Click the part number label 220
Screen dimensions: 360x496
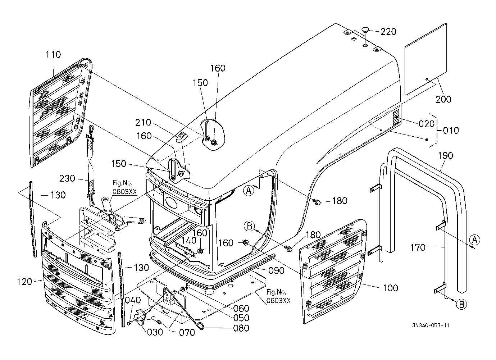click(x=388, y=32)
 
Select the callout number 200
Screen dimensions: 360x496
click(x=443, y=99)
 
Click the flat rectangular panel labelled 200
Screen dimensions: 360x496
click(x=426, y=59)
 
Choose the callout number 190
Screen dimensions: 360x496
click(x=446, y=156)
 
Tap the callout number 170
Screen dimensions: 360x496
click(x=418, y=247)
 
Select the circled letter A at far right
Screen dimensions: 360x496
click(x=475, y=240)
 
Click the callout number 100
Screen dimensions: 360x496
click(x=391, y=288)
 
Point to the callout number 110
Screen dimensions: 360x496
click(x=53, y=55)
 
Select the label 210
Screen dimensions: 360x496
click(x=144, y=122)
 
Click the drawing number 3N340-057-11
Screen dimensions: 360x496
click(x=431, y=325)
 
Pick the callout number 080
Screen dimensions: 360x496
click(x=241, y=328)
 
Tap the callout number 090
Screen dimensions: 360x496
click(x=277, y=270)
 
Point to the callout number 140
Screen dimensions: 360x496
click(x=188, y=240)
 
